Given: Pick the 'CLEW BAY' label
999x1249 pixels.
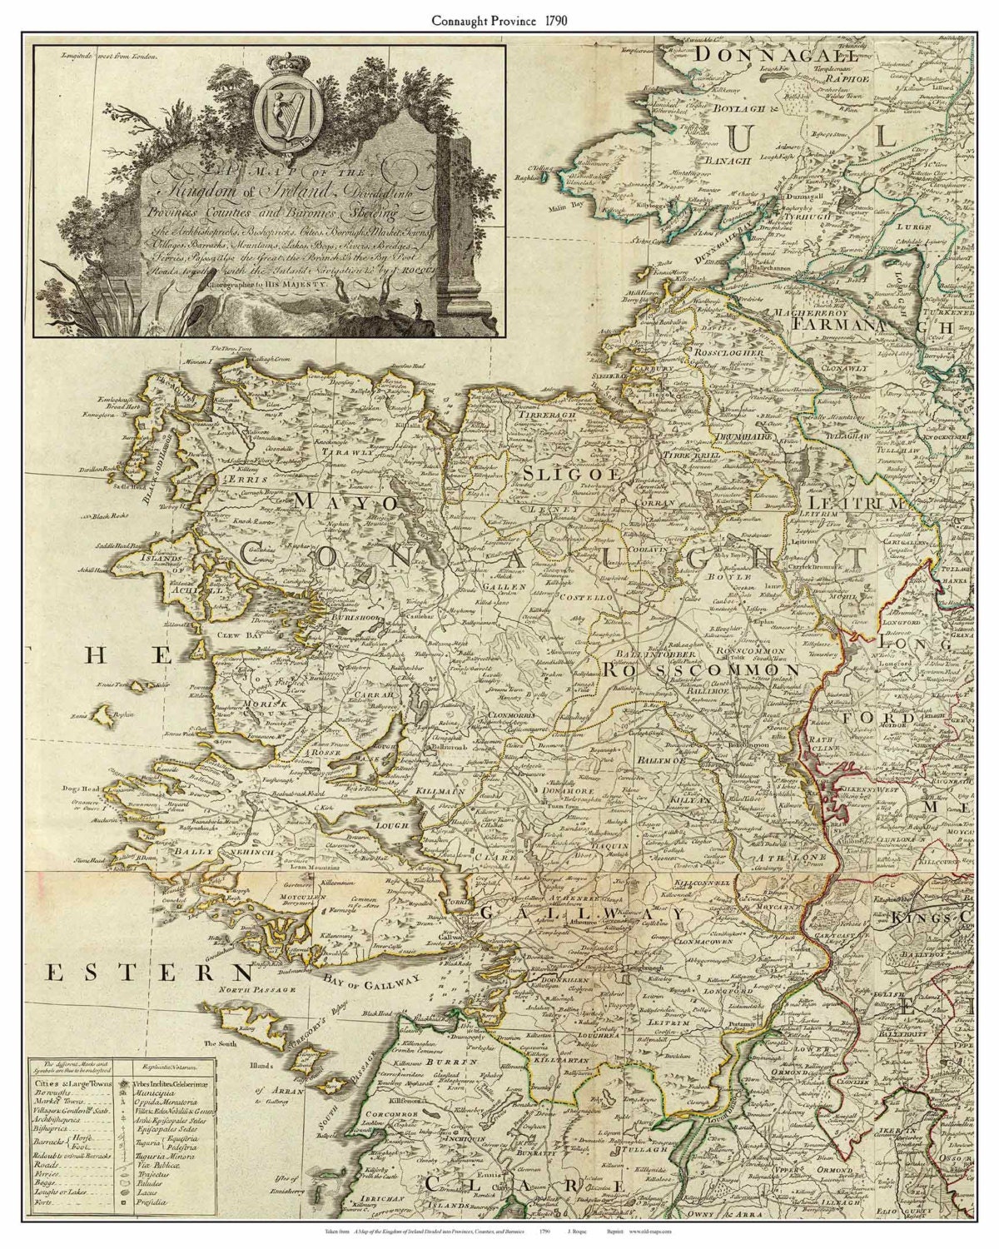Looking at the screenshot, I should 213,631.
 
